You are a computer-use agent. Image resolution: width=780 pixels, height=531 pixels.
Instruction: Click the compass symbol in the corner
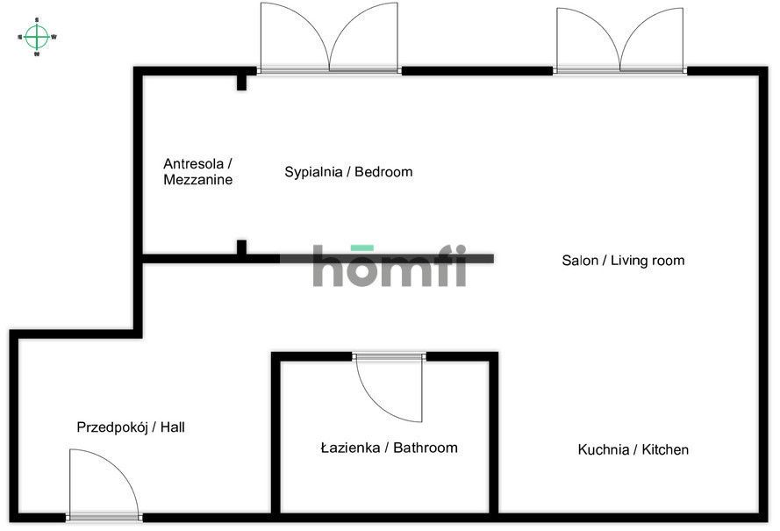point(36,36)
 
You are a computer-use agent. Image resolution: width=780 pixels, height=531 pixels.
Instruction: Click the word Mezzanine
point(197,180)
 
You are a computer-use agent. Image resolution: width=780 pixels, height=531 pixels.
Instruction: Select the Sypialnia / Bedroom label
point(348,172)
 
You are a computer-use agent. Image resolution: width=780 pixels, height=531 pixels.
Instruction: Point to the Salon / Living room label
point(623,261)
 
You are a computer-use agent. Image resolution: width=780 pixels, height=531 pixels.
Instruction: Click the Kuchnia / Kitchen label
point(633,449)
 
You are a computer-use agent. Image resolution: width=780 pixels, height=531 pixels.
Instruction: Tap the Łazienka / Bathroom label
point(389,448)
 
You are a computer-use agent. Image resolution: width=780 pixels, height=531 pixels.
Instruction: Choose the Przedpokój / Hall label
point(131,427)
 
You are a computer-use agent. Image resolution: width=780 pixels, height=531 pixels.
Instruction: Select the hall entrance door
point(103,484)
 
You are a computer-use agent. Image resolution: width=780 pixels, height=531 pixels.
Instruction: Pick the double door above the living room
point(620,40)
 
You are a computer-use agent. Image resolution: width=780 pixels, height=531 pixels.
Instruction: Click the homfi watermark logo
point(390,269)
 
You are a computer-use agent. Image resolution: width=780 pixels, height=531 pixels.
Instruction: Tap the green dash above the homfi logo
point(362,248)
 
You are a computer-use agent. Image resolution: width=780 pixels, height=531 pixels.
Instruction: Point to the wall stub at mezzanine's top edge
point(241,82)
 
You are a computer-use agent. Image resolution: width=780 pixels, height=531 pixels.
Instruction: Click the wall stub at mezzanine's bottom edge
point(241,248)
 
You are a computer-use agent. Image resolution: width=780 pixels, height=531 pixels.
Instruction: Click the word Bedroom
point(383,172)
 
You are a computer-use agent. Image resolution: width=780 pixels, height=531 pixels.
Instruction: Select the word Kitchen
point(665,449)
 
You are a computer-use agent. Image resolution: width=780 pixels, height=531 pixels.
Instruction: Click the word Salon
point(579,261)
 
